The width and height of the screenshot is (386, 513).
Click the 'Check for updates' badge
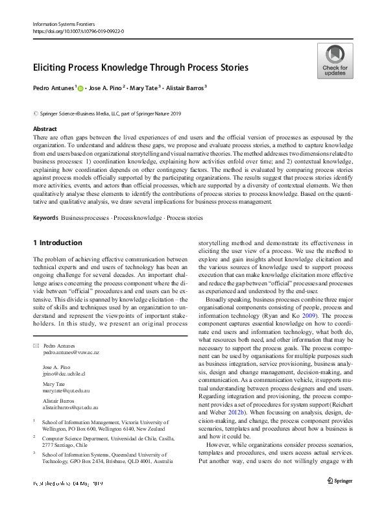(335, 62)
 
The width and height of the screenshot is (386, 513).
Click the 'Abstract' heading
(45, 129)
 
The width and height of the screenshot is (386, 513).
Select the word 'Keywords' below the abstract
(45, 218)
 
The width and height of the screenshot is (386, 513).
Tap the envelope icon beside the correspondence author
(36, 346)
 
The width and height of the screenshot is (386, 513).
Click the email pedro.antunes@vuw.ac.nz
(71, 352)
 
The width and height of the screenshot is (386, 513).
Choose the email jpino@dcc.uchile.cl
(64, 374)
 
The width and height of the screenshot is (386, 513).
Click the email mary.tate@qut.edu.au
(66, 391)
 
